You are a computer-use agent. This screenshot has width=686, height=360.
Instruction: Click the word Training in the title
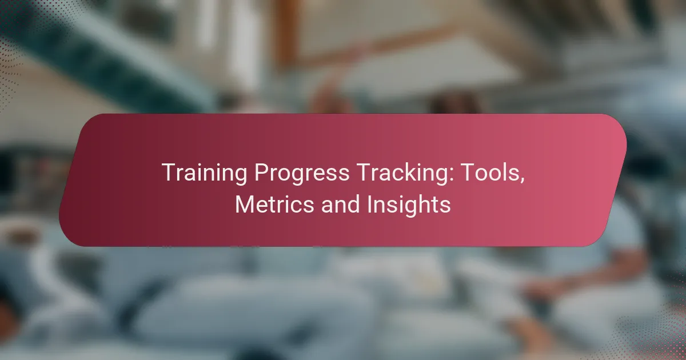coord(204,173)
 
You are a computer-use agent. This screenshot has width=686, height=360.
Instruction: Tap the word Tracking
coord(405,173)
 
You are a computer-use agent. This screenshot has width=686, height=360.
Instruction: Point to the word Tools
coord(492,173)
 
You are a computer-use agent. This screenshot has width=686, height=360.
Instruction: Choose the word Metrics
coord(274,204)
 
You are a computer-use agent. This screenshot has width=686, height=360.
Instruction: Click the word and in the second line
coord(340,204)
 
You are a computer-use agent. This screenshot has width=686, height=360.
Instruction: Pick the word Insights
coord(409,205)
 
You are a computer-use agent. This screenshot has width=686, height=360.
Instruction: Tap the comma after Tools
coord(522,181)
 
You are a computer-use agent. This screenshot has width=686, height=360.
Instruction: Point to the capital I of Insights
coord(369,204)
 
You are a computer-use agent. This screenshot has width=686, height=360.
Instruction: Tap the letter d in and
coord(353,204)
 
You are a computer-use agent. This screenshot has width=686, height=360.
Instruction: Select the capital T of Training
coord(169,173)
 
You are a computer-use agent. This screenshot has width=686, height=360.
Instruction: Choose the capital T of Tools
coord(469,173)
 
